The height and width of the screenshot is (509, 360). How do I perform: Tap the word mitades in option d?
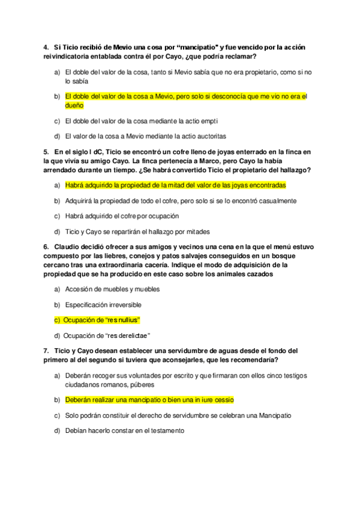(197, 232)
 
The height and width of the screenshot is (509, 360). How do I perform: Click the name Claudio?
(67, 247)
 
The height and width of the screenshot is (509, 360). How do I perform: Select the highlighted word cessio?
(220, 399)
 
